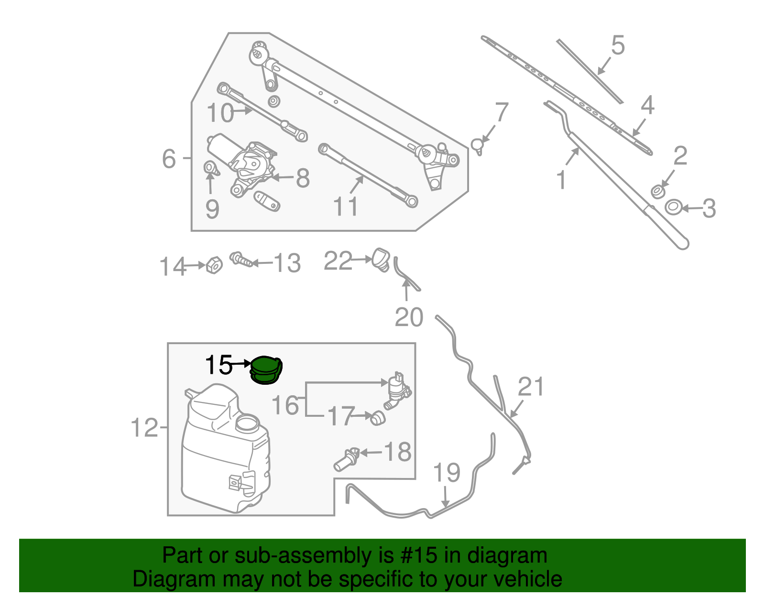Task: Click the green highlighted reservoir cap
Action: tap(266, 370)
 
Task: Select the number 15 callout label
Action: tap(219, 365)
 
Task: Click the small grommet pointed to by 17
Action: tap(378, 418)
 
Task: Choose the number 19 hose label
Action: tap(446, 473)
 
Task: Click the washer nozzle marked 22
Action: tap(382, 259)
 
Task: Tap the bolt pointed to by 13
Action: tap(241, 260)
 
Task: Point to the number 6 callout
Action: tap(169, 158)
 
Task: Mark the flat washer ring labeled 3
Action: tap(674, 207)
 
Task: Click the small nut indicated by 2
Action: tap(658, 192)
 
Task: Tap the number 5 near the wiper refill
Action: tap(618, 45)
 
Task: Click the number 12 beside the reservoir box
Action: tap(144, 427)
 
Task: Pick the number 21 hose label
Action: tap(531, 387)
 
